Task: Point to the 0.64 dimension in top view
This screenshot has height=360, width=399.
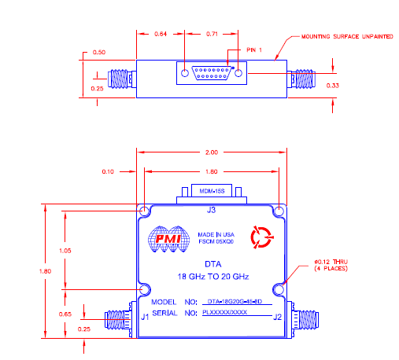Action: point(161,35)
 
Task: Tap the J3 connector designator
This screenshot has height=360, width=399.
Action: point(211,211)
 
